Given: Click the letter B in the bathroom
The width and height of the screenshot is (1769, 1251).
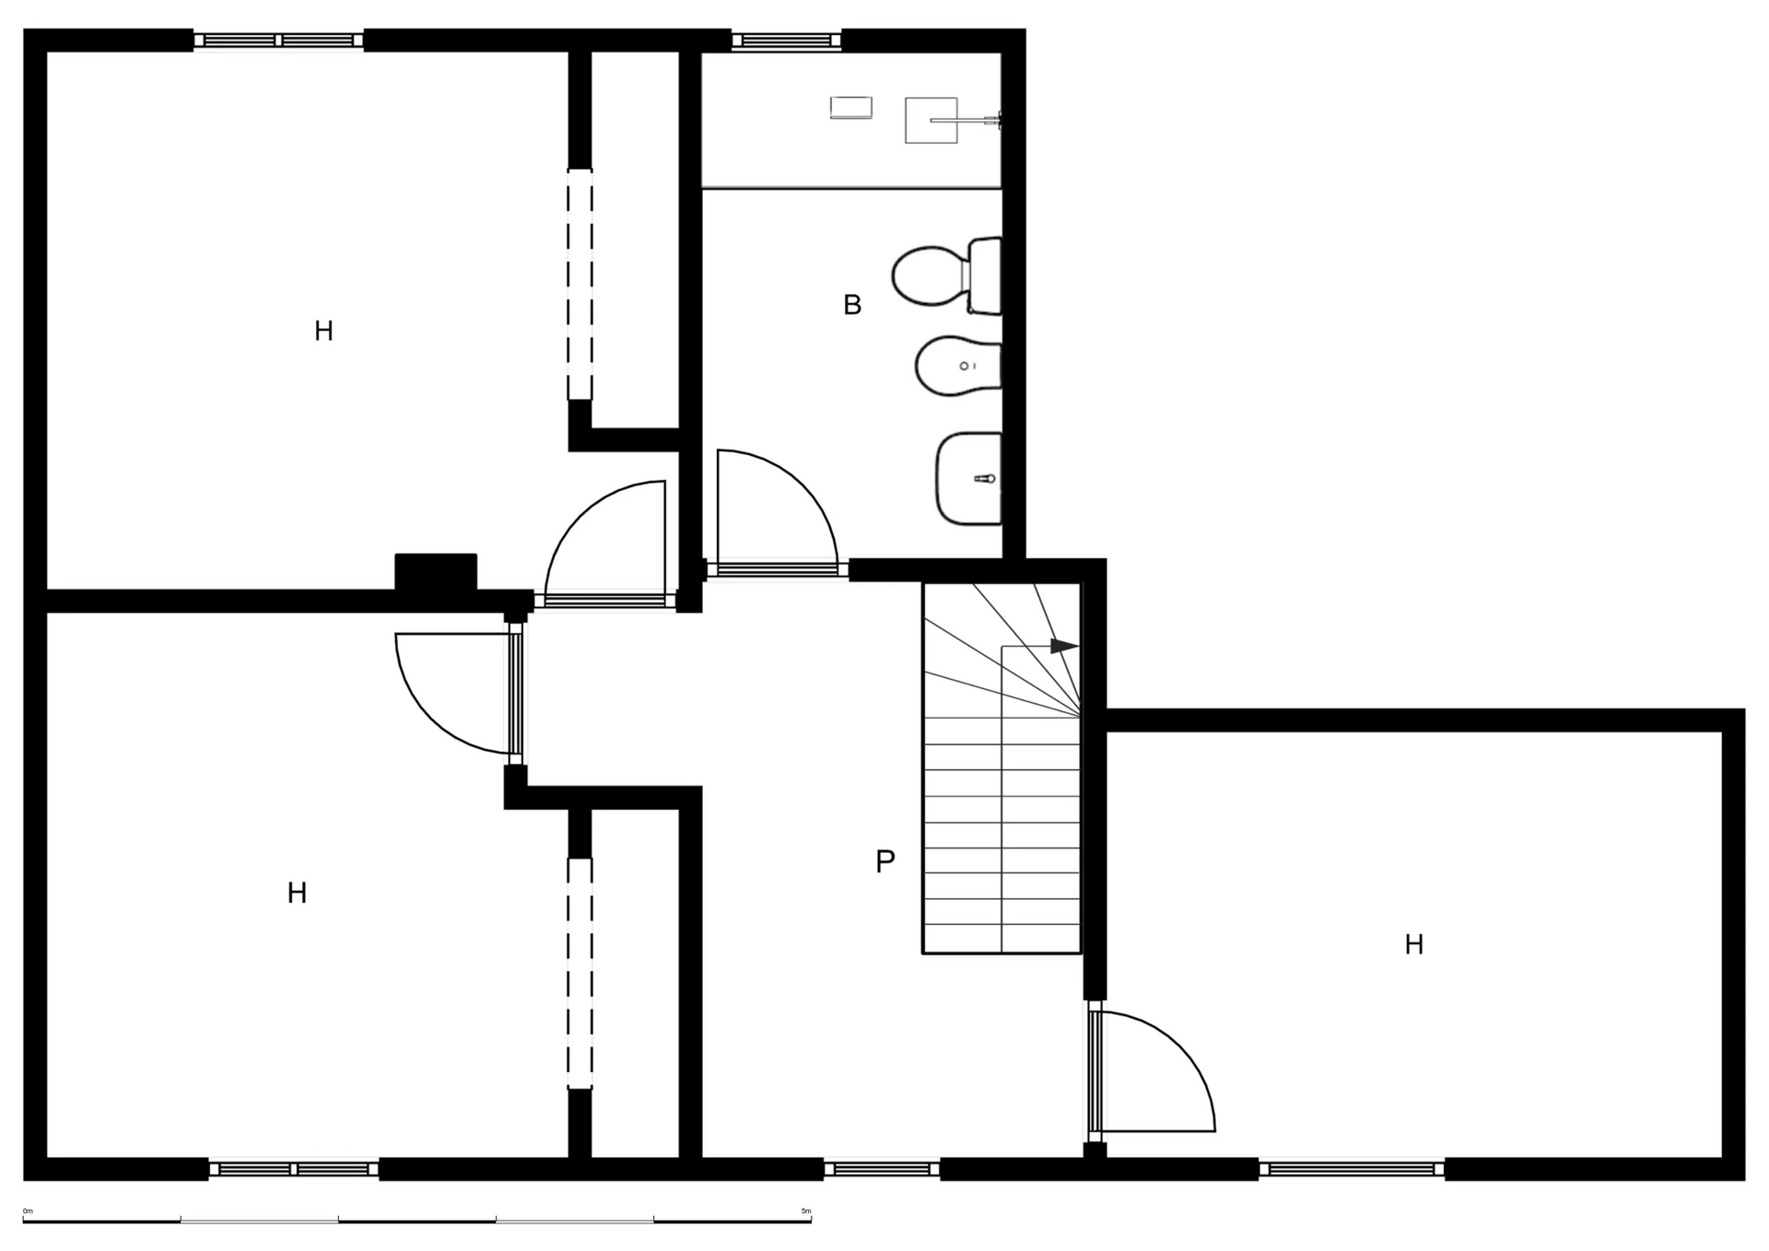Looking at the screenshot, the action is pos(852,305).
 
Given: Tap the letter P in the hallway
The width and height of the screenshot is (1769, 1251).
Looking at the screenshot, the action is pos(884,861).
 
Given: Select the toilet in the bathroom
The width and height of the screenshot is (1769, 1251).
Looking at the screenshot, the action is pos(947,275).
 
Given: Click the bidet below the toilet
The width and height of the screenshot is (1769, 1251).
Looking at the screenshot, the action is pos(958,366).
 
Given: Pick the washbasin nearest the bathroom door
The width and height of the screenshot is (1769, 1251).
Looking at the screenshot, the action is pos(969,478).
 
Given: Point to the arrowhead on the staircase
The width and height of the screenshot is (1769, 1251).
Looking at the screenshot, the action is pos(1064,647).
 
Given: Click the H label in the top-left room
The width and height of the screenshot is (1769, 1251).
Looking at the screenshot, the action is pos(323,332).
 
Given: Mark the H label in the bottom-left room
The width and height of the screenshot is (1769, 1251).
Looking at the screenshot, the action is pos(297,893).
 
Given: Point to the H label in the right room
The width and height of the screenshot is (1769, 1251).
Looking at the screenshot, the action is pos(1414,944).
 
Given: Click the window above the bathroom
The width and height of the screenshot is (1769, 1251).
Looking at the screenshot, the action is pos(787,40).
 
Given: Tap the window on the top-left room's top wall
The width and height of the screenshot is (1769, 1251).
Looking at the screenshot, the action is pos(278,40).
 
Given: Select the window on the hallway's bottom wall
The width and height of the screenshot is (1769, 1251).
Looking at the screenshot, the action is pos(882,1169).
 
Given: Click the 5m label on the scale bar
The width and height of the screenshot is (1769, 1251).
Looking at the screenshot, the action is pos(806,1210).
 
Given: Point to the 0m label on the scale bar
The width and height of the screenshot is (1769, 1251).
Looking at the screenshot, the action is pos(28,1210).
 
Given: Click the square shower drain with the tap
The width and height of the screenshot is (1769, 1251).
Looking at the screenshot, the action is pos(931,120).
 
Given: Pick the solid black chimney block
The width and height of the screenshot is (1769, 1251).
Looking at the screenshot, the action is pos(436,572).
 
